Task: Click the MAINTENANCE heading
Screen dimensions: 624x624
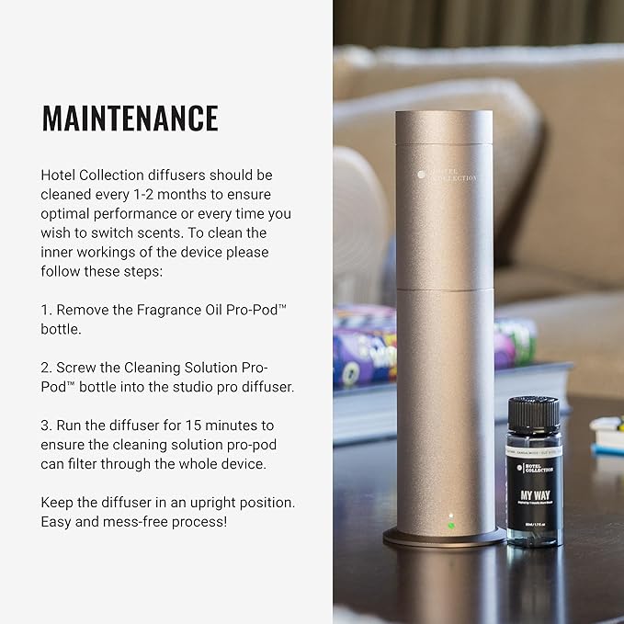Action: tap(130, 119)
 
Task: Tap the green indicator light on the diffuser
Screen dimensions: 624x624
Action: tap(450, 526)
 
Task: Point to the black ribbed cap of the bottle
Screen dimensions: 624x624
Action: tap(533, 412)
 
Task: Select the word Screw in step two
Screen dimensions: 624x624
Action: tap(77, 368)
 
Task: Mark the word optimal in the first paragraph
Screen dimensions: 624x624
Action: tap(67, 213)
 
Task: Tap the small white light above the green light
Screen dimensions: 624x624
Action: tap(450, 516)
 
